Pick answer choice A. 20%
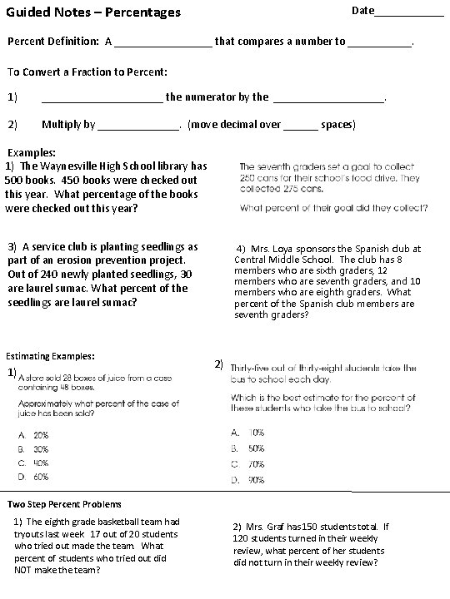pyautogui.click(x=39, y=434)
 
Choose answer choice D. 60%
pyautogui.click(x=39, y=478)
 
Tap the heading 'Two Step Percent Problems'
pyautogui.click(x=64, y=504)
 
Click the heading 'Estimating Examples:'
pyautogui.click(x=53, y=355)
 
